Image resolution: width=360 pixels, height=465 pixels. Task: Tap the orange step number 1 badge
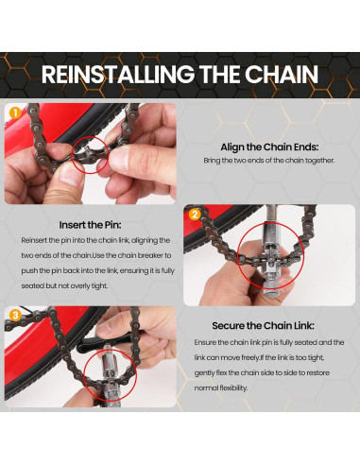[15, 112]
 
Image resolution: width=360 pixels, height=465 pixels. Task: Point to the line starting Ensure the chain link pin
[274, 341]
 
